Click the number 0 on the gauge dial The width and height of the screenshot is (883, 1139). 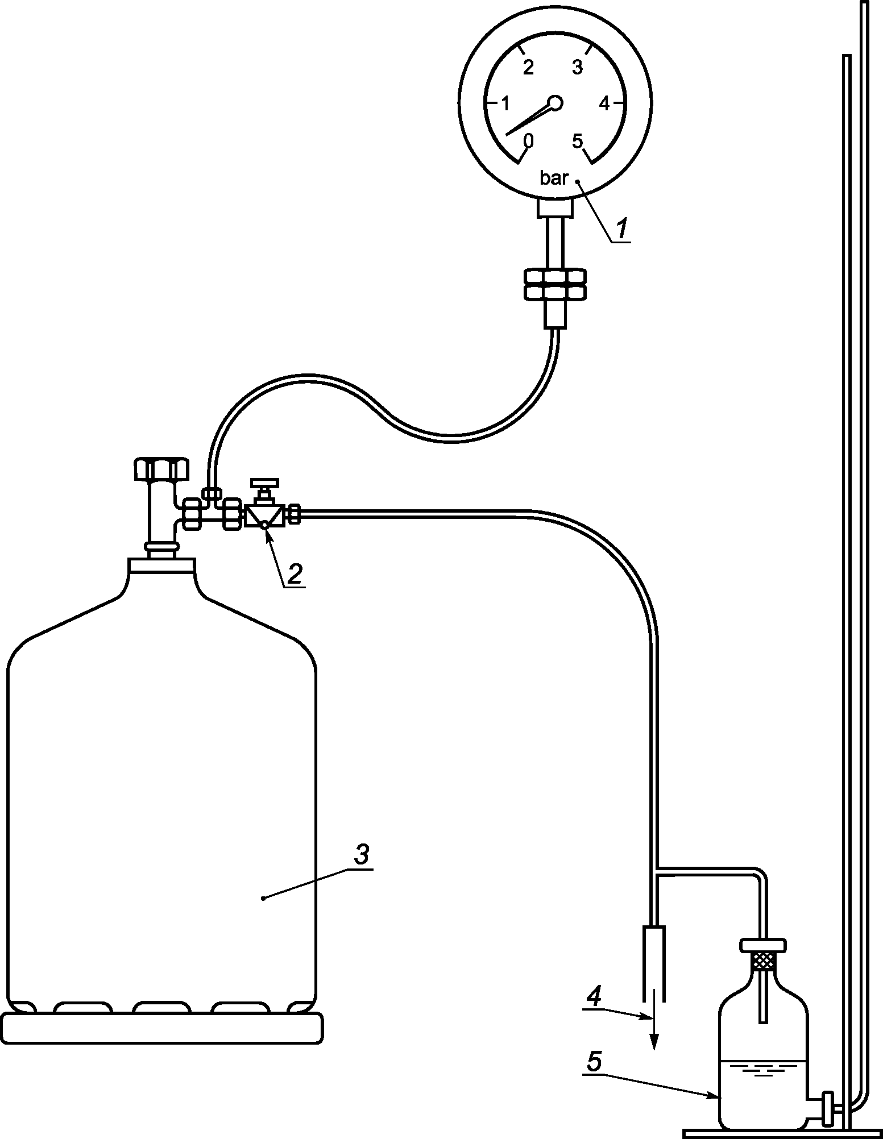(x=528, y=140)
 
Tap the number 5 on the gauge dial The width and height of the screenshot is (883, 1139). (x=578, y=140)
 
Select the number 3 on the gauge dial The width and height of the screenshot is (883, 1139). (x=577, y=68)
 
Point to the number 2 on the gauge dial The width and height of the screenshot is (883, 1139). (x=528, y=68)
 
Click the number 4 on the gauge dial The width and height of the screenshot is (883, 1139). (x=604, y=103)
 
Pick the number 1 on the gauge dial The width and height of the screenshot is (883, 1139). (x=505, y=103)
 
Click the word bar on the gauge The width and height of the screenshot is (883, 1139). (x=554, y=178)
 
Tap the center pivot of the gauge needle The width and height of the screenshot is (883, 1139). (x=555, y=103)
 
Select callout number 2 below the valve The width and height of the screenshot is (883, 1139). (x=294, y=573)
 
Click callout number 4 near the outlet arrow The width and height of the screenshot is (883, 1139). (x=594, y=999)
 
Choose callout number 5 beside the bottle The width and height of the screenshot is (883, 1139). (x=594, y=1061)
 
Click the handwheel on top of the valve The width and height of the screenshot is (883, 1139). (x=265, y=483)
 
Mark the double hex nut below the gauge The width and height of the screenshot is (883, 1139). (x=555, y=285)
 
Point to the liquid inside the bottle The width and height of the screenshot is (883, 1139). (x=762, y=1091)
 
